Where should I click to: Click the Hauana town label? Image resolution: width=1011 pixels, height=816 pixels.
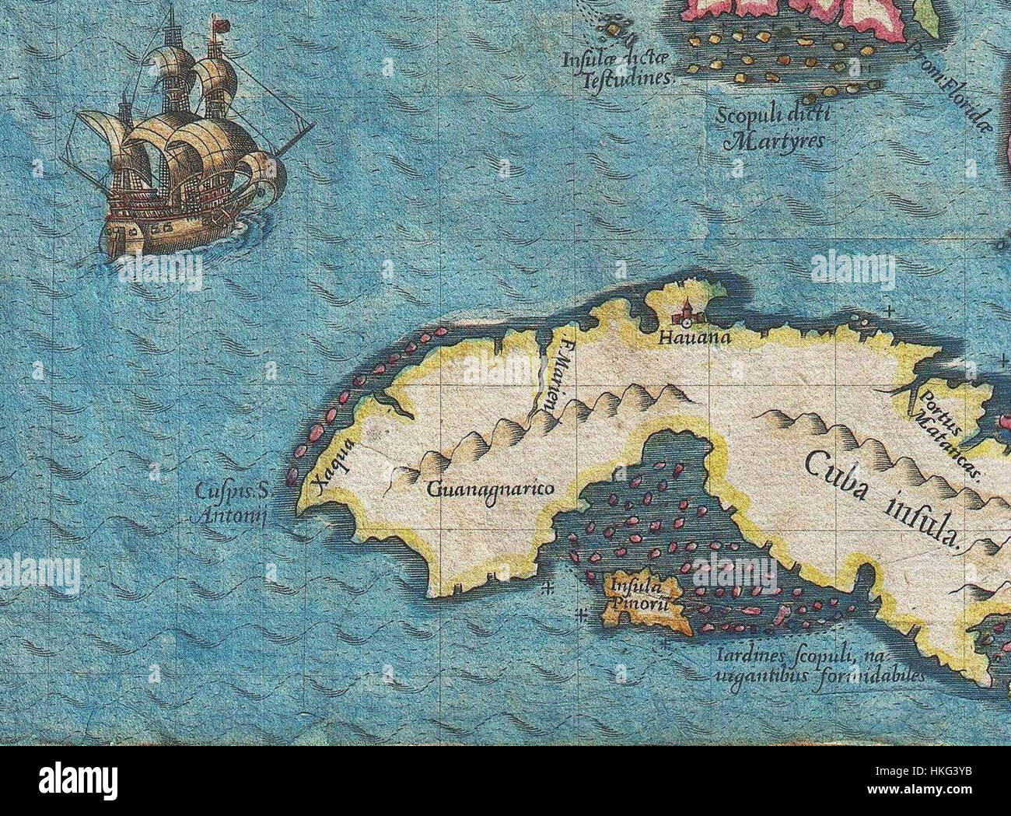coord(684,338)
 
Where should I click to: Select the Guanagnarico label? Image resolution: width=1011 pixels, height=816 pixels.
coord(490,489)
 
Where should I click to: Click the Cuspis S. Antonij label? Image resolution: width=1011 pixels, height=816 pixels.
coord(232,503)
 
